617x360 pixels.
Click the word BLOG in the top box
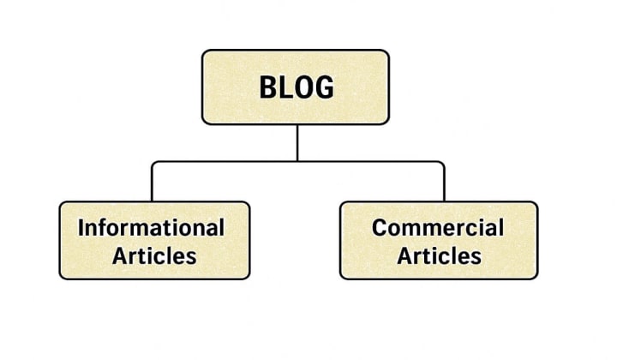pyautogui.click(x=296, y=87)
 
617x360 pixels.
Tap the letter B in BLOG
pyautogui.click(x=267, y=87)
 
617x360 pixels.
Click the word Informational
pyautogui.click(x=152, y=227)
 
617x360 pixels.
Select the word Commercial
pyautogui.click(x=437, y=227)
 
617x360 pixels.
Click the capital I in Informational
pyautogui.click(x=81, y=227)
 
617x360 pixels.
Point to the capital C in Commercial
pyautogui.click(x=380, y=227)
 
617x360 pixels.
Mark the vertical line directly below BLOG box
pyautogui.click(x=297, y=141)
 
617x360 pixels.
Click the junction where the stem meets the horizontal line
pyautogui.click(x=297, y=161)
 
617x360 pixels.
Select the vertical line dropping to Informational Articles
pyautogui.click(x=152, y=182)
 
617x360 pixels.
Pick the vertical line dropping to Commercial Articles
pyautogui.click(x=444, y=182)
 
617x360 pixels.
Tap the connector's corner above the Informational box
pyautogui.click(x=153, y=162)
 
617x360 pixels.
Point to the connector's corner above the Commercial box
pyautogui.click(x=443, y=162)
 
